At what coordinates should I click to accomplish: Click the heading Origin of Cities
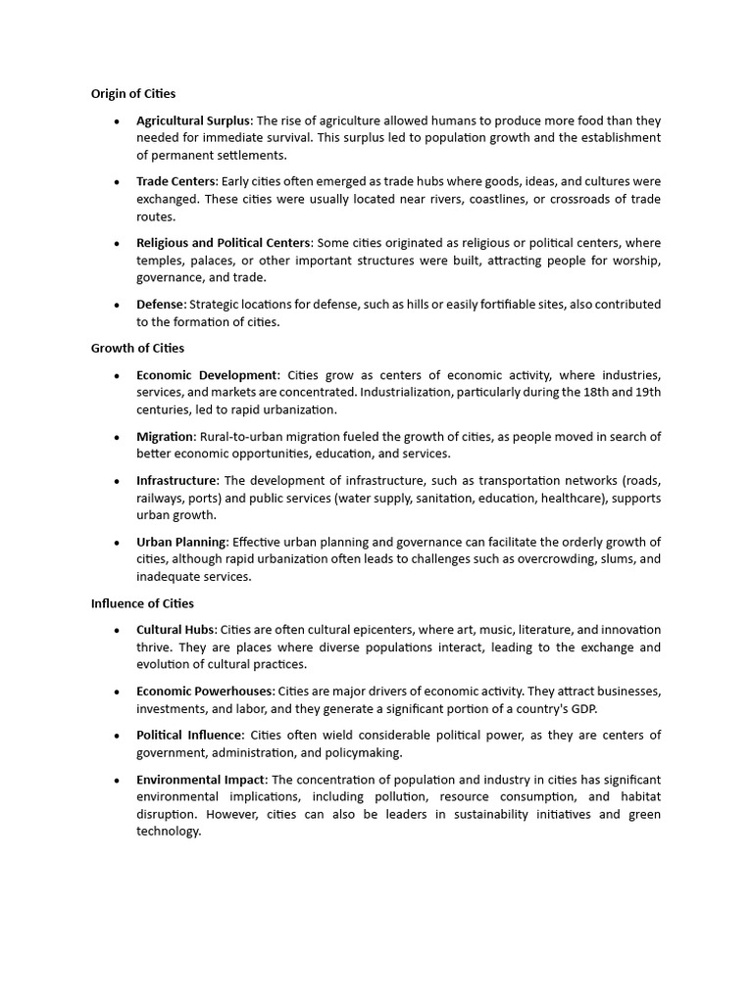tap(133, 94)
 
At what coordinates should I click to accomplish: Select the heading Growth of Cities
tap(137, 348)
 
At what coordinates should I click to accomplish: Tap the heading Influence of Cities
tap(142, 603)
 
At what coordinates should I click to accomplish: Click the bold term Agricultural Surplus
tap(193, 120)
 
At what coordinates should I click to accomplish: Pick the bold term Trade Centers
tap(176, 181)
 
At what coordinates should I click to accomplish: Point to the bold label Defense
tap(160, 305)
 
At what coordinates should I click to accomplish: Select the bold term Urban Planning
tap(181, 542)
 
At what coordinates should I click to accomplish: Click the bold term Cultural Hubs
tap(175, 630)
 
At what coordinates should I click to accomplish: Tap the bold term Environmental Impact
tap(201, 780)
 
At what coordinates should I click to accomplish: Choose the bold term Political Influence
tap(189, 736)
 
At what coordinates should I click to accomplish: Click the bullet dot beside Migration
tap(117, 437)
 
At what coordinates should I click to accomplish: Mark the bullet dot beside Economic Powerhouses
tap(117, 692)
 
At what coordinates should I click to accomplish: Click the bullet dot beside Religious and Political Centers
tap(117, 243)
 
